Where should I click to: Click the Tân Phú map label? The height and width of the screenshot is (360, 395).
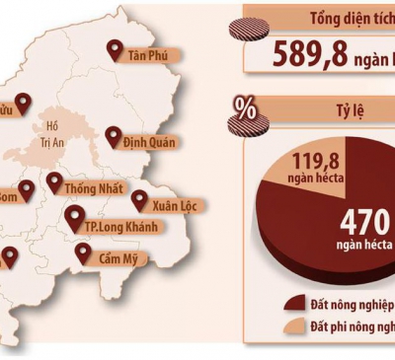[148, 55]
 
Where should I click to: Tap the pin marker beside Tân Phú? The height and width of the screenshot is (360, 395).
[115, 49]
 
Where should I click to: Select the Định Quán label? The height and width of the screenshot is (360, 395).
[148, 141]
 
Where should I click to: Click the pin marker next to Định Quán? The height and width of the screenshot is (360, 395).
[114, 136]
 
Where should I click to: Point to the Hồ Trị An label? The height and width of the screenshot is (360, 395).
[54, 132]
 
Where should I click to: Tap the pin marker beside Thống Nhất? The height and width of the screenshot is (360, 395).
[54, 181]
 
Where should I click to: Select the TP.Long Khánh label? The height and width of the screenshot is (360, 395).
[120, 226]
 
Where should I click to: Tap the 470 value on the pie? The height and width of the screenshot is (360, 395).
[366, 220]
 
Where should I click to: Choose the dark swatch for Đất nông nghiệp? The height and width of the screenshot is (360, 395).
[293, 304]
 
